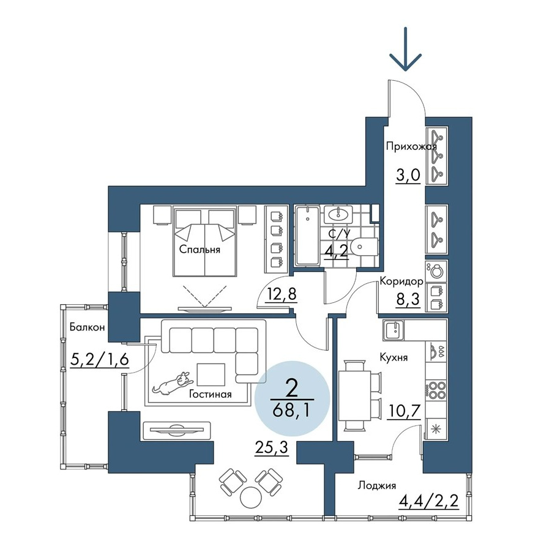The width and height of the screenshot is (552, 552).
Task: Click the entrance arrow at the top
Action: click(406, 49)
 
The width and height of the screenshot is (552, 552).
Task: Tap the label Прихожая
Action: click(411, 146)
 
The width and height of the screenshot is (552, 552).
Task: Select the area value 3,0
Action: click(408, 175)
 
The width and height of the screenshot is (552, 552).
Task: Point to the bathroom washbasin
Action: click(338, 214)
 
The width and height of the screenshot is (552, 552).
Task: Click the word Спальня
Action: click(200, 250)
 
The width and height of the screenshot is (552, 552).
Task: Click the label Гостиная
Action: click(210, 393)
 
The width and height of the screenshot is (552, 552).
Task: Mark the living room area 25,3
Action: click(272, 448)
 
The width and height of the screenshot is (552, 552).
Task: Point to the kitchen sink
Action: click(393, 330)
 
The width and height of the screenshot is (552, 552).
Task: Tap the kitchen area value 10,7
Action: click(404, 411)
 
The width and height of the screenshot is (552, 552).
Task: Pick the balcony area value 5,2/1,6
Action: click(100, 360)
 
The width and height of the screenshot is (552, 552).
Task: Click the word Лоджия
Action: click(377, 486)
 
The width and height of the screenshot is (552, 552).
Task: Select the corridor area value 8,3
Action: click(408, 300)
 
